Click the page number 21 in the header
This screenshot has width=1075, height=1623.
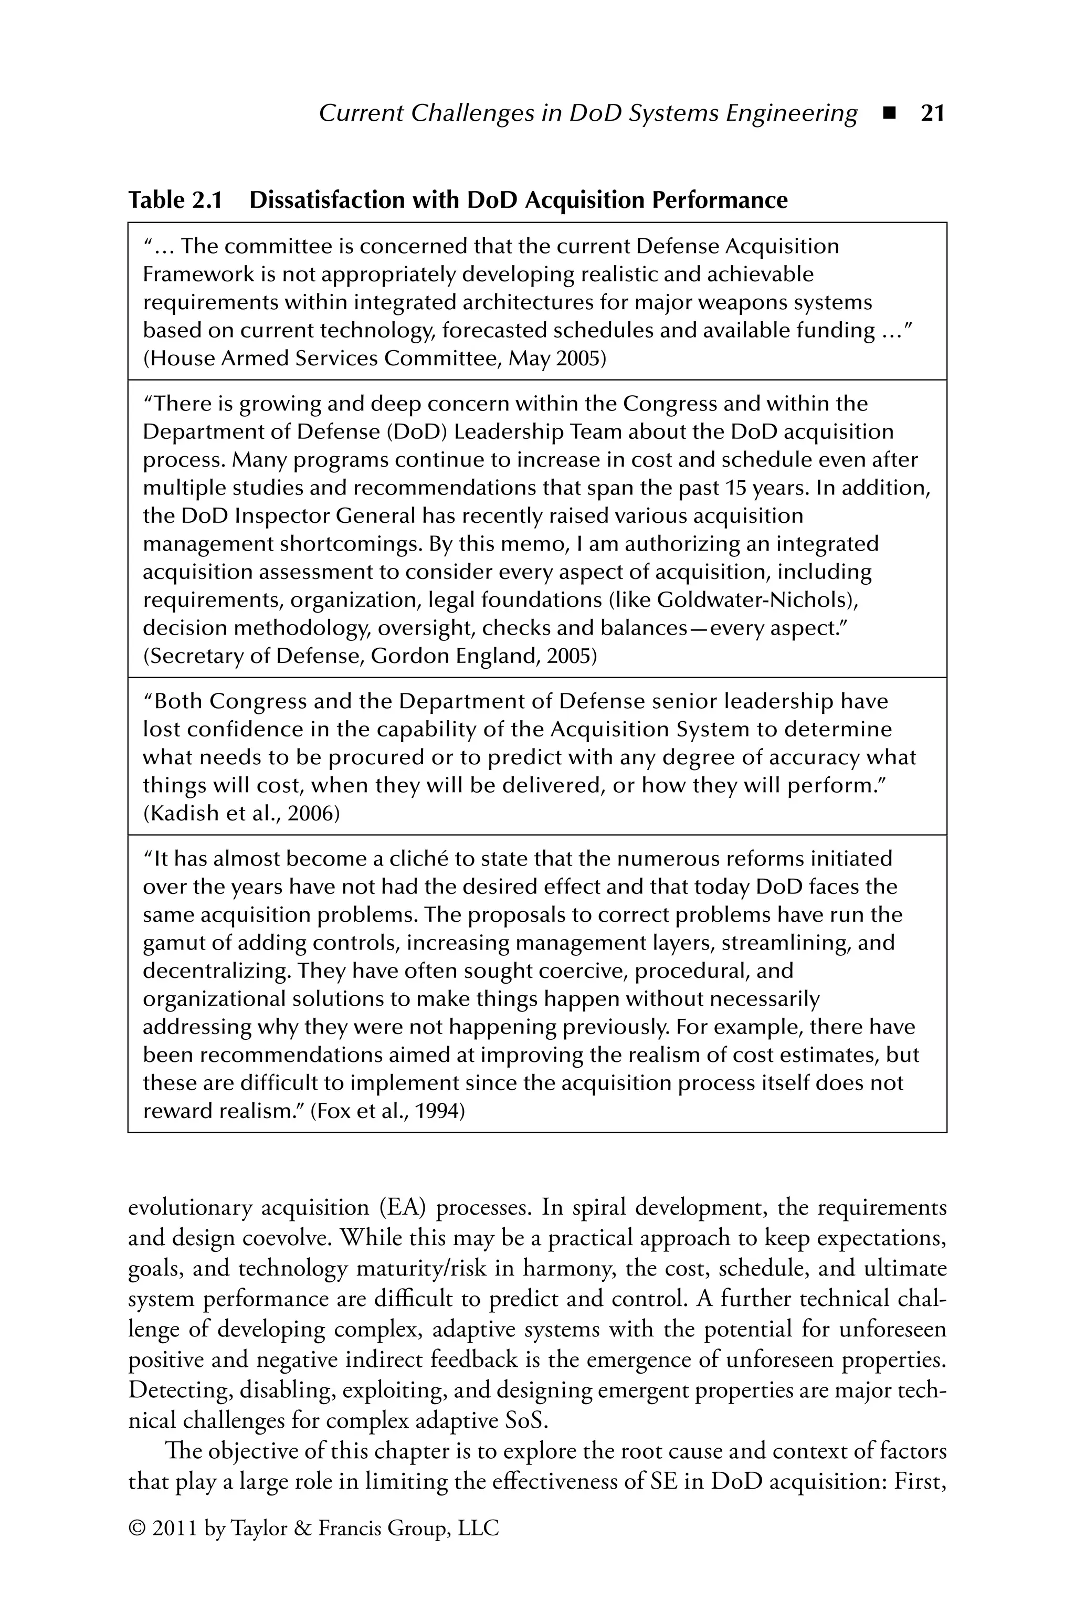(x=932, y=113)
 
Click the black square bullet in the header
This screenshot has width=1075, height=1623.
(x=890, y=113)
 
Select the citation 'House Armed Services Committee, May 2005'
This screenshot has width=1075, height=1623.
(x=374, y=359)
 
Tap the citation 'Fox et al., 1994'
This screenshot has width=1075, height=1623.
(x=388, y=1111)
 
